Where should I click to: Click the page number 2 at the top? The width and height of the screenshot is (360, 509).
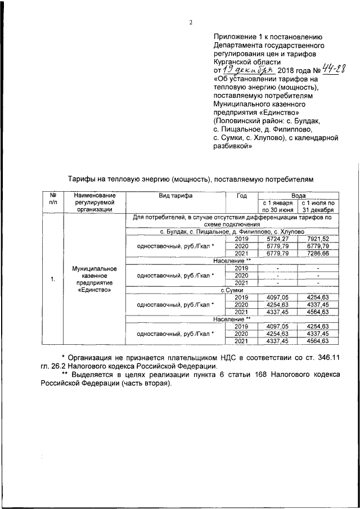point(191,22)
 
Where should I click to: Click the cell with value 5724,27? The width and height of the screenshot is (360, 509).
point(276,238)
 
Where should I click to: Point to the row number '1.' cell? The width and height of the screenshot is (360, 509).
point(52,279)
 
